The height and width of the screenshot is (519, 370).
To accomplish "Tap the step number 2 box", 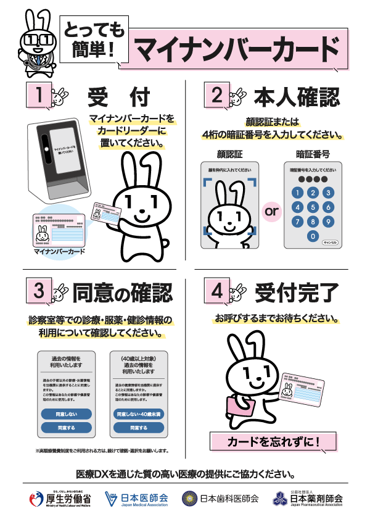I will tap(216, 95).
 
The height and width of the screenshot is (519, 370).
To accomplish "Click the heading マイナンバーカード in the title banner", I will tap(237, 48).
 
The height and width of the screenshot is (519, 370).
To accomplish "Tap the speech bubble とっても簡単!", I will tap(94, 40).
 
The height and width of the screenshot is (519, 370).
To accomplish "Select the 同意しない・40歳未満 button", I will tap(139, 413).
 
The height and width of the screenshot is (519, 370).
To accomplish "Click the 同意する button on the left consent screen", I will tap(66, 427).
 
